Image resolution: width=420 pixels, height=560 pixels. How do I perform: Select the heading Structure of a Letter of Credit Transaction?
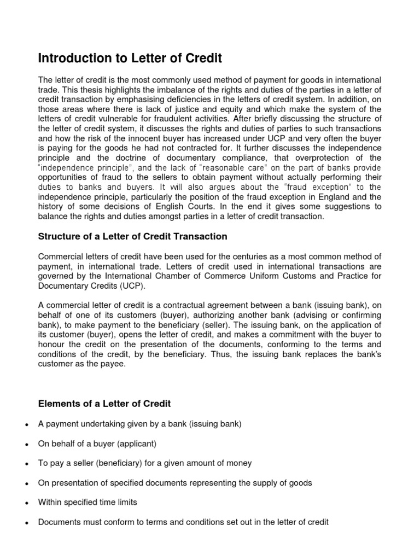[132, 236]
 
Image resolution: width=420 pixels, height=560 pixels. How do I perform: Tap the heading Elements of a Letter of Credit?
[104, 404]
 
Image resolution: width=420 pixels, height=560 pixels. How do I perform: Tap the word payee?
[113, 365]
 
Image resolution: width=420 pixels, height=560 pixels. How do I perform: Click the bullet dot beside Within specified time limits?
[26, 503]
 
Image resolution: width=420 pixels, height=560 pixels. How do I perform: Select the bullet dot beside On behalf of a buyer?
[26, 444]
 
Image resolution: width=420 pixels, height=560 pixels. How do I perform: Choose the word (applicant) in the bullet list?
[139, 444]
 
